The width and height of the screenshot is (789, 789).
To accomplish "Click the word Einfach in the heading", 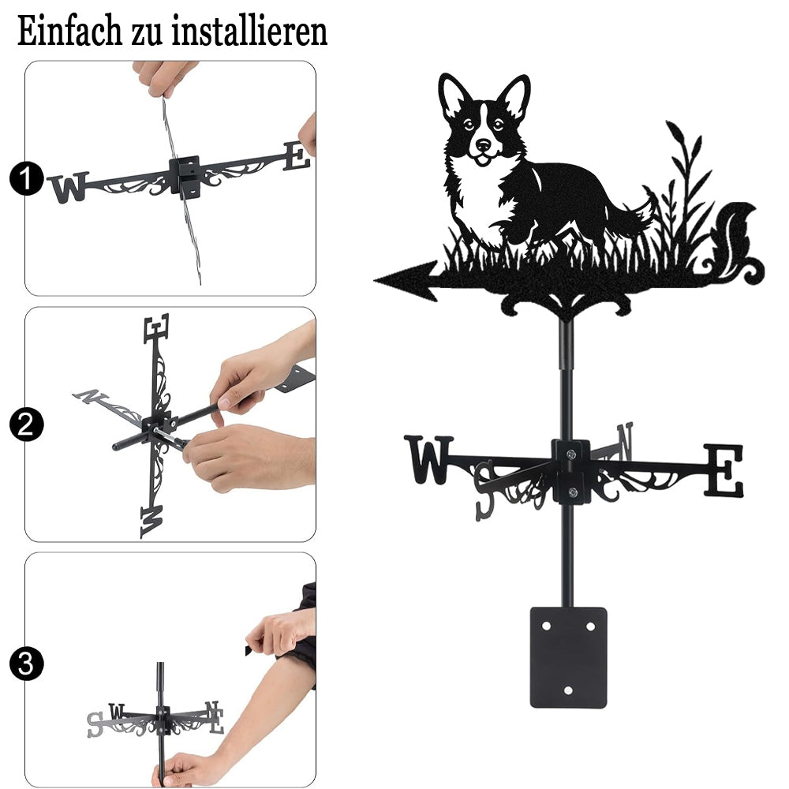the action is [69, 32].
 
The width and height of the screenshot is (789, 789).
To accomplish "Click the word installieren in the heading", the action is [249, 32].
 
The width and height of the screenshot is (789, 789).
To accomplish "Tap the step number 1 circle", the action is [26, 178].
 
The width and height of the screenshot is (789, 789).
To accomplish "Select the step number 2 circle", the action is [26, 425].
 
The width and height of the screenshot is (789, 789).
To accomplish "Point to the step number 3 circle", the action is [26, 664].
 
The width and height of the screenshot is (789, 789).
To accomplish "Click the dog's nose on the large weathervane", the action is [483, 145].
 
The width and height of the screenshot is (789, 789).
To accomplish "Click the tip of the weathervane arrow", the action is [375, 280].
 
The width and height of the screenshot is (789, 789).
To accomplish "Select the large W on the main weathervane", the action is [429, 460].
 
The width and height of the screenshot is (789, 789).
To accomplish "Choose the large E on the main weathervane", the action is [724, 470].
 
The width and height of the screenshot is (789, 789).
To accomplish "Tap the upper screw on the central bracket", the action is [570, 454].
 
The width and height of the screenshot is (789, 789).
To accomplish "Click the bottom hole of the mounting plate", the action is [569, 690].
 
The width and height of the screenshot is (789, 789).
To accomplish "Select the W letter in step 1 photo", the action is [69, 187].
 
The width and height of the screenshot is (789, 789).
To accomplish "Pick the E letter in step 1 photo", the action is [297, 156].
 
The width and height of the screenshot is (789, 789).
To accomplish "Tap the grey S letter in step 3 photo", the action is [95, 724].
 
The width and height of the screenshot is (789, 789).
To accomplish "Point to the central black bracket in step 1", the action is [185, 176].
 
